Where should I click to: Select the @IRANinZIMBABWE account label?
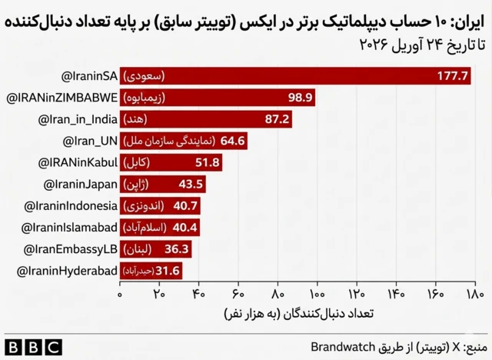[x=62, y=98]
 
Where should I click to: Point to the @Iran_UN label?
[x=89, y=141]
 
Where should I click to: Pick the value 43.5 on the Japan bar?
[x=191, y=185]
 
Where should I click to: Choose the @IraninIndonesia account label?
[x=71, y=206]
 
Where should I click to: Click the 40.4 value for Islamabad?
[x=185, y=228]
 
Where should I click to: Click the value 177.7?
[x=453, y=76]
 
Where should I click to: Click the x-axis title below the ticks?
[x=296, y=315]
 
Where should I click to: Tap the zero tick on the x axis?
[x=120, y=294]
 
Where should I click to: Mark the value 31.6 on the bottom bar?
[x=168, y=271]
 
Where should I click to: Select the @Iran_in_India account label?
[x=78, y=119]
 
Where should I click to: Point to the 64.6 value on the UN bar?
[x=232, y=141]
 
